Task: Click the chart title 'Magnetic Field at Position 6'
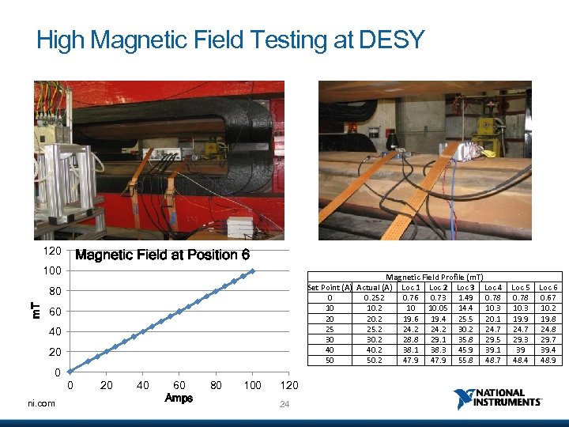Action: pos(161,255)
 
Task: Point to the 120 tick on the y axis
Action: pos(52,251)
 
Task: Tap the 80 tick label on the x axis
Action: pos(216,386)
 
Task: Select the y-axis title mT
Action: pos(34,310)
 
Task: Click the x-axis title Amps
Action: pos(179,398)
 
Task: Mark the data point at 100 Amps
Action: pos(252,271)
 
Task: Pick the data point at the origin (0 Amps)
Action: pos(70,371)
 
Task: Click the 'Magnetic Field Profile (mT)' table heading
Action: pos(434,277)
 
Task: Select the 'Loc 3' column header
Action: pos(465,286)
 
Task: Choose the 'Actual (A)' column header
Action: pos(375,286)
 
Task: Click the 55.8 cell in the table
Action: pos(465,360)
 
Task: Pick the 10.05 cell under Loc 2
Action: pos(439,308)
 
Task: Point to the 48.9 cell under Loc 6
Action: pos(548,360)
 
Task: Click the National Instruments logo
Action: pos(498,398)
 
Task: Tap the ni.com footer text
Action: pos(40,403)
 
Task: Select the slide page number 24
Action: pos(284,405)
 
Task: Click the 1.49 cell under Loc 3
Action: pos(465,297)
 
